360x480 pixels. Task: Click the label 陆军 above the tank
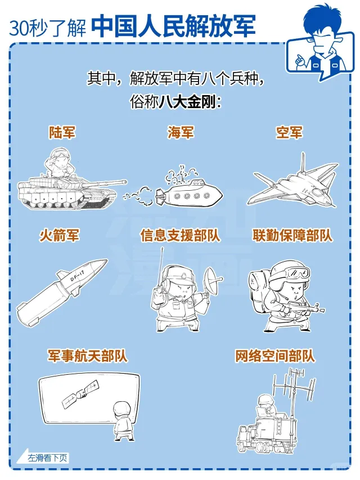62,132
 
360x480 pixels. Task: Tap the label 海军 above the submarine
181,132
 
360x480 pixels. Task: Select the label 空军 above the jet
289,132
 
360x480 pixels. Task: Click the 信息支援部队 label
181,235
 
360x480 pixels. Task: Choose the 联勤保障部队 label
292,235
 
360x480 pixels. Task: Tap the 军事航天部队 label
87,356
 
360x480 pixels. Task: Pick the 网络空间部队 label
275,356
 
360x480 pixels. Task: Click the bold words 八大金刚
187,101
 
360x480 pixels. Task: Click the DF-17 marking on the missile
77,276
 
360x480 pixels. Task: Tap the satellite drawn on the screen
81,394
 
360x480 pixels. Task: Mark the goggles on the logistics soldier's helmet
297,272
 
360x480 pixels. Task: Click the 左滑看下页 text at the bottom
47,458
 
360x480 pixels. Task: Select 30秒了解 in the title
48,28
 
